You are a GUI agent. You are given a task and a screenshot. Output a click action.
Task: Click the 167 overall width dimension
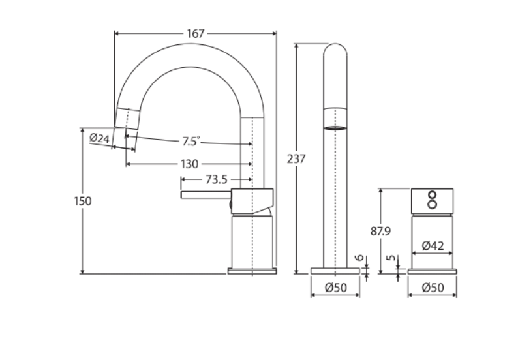[x=196, y=33]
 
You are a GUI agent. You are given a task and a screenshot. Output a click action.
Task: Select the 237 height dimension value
[x=296, y=159]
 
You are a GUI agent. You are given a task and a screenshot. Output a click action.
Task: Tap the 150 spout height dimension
[x=83, y=201]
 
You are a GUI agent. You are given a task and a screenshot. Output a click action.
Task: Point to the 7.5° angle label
[x=191, y=142]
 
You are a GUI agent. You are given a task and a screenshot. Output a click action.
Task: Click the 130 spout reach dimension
[x=190, y=164]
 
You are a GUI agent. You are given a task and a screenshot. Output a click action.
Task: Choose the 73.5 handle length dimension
[x=217, y=179]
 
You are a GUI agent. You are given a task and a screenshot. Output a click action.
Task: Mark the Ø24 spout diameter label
[x=99, y=138]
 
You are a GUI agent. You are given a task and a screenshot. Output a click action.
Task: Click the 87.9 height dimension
[x=380, y=231]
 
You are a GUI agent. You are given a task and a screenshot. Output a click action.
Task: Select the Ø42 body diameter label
[x=433, y=245]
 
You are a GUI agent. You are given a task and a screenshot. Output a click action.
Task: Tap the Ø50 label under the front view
[x=335, y=288]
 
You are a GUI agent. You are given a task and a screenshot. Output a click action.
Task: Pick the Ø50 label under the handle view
[x=433, y=288]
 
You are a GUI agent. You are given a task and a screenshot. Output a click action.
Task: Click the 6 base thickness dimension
[x=360, y=258]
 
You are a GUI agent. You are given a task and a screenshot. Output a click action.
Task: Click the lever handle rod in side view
[x=206, y=194]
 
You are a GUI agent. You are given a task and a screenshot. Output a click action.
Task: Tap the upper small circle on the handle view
[x=432, y=195]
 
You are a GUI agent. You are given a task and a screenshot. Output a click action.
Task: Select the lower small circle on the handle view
[x=432, y=204]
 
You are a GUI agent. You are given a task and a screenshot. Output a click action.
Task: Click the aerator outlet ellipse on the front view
[x=335, y=128]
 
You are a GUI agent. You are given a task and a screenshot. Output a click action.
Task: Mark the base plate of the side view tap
[x=252, y=271]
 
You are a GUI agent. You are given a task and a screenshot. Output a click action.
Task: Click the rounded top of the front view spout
[x=335, y=51]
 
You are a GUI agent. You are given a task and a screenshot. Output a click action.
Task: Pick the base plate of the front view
[x=335, y=271]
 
